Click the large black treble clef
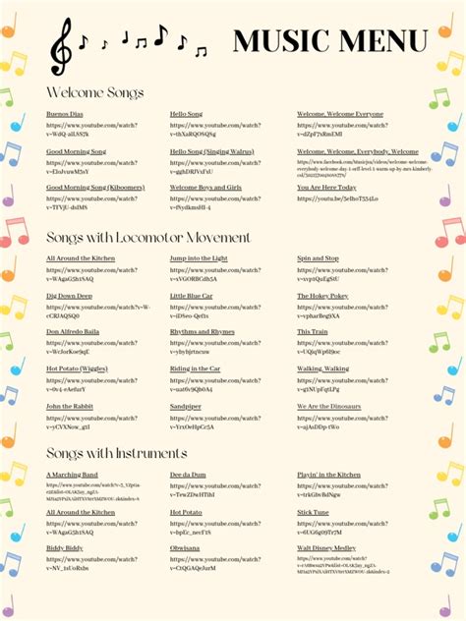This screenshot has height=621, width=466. [x=61, y=46]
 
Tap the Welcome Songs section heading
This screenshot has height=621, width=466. [x=95, y=92]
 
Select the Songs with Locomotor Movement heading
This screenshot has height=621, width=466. [x=148, y=238]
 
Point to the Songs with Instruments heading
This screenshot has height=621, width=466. [x=116, y=453]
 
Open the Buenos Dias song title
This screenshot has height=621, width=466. [x=65, y=115]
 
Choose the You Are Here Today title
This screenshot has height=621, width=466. [x=326, y=187]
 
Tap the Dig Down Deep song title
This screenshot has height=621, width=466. [x=69, y=296]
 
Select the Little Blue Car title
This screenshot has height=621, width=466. [x=191, y=296]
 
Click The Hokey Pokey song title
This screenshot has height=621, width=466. [x=322, y=296]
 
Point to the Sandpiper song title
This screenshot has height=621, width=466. [x=186, y=406]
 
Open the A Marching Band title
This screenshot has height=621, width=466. [x=72, y=475]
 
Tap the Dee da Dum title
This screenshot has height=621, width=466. [x=188, y=475]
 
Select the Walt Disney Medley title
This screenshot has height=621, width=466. [x=326, y=548]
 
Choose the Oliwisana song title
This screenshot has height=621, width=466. [x=185, y=548]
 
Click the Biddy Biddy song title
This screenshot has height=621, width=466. [x=65, y=548]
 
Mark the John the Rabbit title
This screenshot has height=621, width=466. [x=70, y=406]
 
